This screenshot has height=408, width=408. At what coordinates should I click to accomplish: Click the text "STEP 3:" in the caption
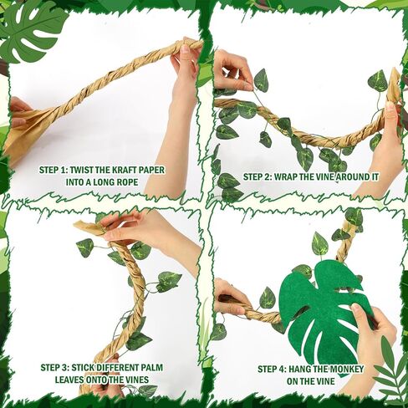[59, 366]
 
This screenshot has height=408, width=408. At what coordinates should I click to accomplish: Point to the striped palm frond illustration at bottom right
[390, 368]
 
